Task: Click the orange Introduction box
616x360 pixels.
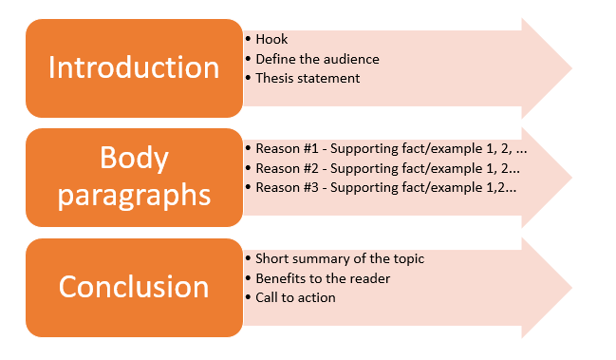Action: click(133, 68)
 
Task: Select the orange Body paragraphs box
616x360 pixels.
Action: click(133, 178)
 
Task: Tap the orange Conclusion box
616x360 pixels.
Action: click(133, 287)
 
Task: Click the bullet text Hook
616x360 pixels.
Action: click(271, 40)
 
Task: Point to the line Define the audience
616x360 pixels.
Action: click(317, 59)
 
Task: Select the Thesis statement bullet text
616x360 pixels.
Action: click(308, 78)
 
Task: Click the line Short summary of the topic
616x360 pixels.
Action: click(340, 259)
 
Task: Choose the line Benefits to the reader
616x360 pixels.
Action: click(323, 278)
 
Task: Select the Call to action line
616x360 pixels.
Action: click(295, 297)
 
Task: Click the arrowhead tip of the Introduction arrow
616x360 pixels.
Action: click(570, 68)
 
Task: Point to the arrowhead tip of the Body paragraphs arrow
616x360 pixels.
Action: click(570, 178)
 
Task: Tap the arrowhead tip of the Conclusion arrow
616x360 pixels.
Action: click(570, 287)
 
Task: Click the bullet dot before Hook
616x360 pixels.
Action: click(248, 40)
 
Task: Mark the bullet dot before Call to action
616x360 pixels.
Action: click(248, 297)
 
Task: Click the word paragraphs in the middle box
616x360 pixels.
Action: click(133, 197)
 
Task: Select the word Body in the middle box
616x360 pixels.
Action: click(133, 158)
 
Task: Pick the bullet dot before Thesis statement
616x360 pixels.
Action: click(248, 78)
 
